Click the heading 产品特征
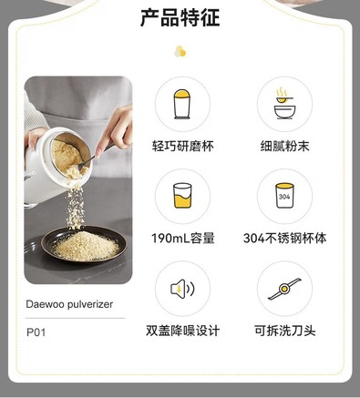(180, 18)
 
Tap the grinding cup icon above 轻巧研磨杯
(182, 104)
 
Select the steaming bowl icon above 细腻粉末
(284, 103)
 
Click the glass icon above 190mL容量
(182, 195)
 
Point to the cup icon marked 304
(284, 195)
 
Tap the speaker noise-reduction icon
(182, 288)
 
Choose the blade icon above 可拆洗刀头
(284, 289)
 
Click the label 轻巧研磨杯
(183, 146)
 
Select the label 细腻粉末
(284, 146)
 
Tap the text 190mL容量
(183, 239)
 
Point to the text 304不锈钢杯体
(284, 239)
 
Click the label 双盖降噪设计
(182, 331)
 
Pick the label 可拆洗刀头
(284, 331)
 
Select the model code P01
(36, 332)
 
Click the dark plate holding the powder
(84, 244)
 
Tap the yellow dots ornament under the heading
(180, 52)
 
